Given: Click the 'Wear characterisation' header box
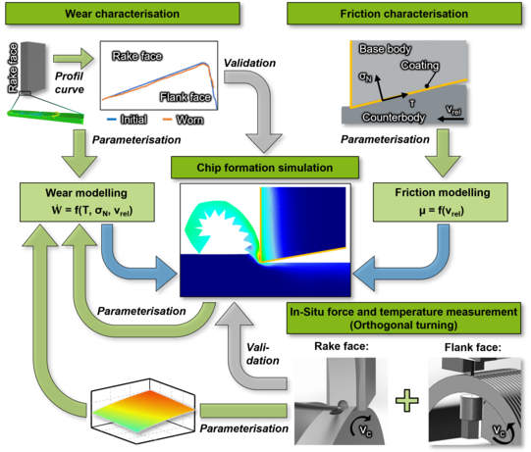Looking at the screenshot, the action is point(123,14).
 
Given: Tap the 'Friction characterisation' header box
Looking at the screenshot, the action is point(404,14).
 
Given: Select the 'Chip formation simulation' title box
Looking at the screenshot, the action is point(264,168).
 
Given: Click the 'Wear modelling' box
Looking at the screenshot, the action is point(87,202).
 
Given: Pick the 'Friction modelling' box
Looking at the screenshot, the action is point(441,202).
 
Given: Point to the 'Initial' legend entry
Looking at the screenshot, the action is point(127,120).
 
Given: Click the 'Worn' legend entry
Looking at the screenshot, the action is point(184,120).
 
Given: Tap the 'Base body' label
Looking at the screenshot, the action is point(385,49).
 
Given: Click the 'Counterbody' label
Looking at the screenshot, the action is point(394,117).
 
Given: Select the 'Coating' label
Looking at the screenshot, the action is point(420,65).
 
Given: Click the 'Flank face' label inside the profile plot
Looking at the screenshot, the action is point(186,97).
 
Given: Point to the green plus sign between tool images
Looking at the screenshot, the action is point(407,400).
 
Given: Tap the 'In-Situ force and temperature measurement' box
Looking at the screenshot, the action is point(403,319).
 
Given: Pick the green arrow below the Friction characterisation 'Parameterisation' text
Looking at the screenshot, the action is point(443,153).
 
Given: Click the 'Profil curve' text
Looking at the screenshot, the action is point(69,82).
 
